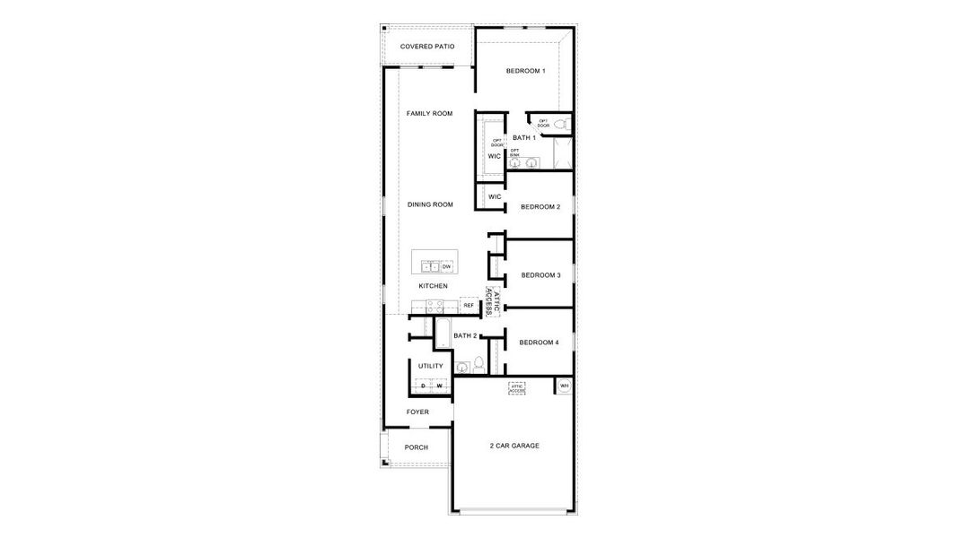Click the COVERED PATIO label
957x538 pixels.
coord(427,46)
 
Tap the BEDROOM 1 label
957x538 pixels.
coord(525,71)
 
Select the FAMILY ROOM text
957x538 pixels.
coord(429,114)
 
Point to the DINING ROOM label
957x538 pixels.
coord(430,204)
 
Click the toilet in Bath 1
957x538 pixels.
coord(561,124)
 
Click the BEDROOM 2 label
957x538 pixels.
coord(540,207)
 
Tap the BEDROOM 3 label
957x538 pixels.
coord(540,275)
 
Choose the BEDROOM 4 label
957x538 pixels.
coord(540,343)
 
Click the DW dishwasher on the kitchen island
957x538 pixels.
coord(446,266)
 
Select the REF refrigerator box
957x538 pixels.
coord(469,306)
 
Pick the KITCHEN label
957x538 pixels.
coord(433,286)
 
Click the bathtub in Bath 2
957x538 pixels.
coord(443,333)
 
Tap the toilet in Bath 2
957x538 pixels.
coord(478,363)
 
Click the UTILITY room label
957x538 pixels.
coord(431,366)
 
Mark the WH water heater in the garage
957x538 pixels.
coord(564,386)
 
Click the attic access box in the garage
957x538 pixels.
coord(517,388)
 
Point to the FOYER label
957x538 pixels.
coord(417,412)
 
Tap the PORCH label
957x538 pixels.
coord(417,447)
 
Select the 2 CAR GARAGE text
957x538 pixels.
coord(514,446)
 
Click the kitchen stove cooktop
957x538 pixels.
coord(425,306)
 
